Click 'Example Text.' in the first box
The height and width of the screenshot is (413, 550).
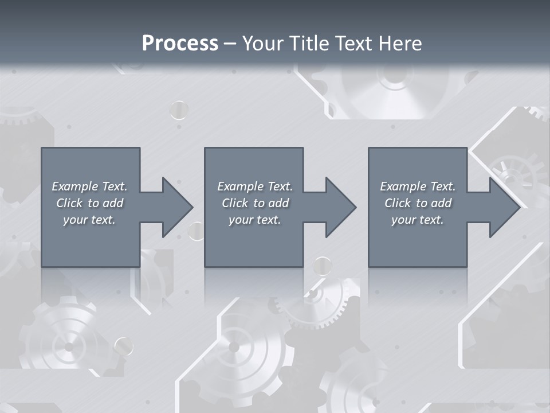(x=89, y=186)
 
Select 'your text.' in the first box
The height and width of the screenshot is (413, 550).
(x=89, y=220)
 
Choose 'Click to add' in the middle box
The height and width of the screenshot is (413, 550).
(x=255, y=203)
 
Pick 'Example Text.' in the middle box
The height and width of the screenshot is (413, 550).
(x=255, y=186)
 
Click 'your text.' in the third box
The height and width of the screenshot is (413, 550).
(x=418, y=220)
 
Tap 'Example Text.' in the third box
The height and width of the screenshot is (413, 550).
(x=418, y=186)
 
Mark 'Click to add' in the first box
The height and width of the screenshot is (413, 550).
(x=89, y=203)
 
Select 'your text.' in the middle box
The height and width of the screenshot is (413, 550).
(x=255, y=220)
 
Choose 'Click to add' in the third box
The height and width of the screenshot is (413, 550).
(x=418, y=203)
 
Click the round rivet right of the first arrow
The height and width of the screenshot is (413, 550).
(x=197, y=231)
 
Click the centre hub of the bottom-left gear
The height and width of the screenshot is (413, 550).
(x=69, y=346)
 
